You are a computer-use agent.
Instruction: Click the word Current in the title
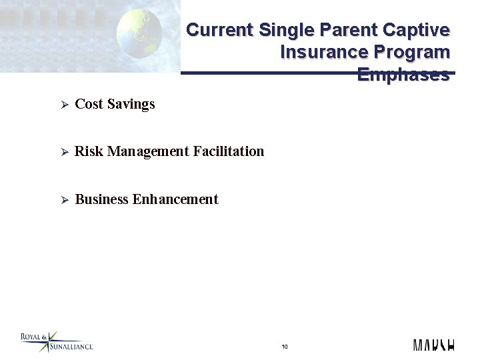[219, 30]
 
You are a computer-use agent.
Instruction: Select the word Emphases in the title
[403, 75]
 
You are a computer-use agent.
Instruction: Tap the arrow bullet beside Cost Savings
[65, 105]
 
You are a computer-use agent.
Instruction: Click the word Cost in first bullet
[89, 104]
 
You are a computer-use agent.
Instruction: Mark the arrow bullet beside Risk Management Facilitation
[65, 152]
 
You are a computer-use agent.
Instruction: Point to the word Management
[148, 152]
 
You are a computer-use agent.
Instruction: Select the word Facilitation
[229, 151]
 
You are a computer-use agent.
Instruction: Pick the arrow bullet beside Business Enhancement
[65, 200]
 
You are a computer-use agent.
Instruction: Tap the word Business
[102, 199]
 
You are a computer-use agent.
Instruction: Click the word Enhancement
[175, 199]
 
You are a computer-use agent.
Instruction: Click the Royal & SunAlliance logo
[56, 342]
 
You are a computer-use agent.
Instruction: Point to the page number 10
[285, 347]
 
